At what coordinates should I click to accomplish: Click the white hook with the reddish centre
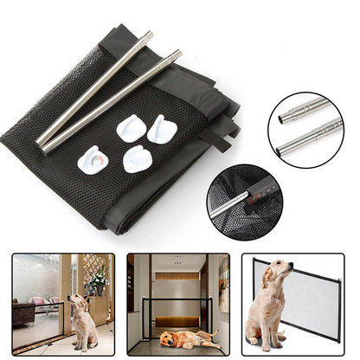pyautogui.click(x=92, y=159)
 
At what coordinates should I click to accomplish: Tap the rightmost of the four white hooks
pyautogui.click(x=161, y=130)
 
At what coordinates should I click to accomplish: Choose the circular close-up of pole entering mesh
pyautogui.click(x=245, y=201)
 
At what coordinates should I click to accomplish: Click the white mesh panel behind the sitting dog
pyautogui.click(x=320, y=299)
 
